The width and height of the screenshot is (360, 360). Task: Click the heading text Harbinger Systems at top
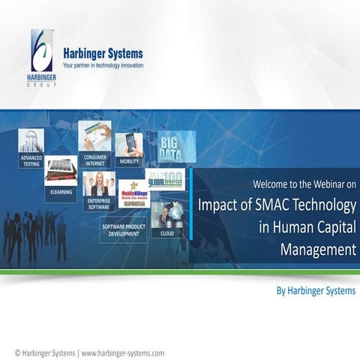pyautogui.click(x=103, y=54)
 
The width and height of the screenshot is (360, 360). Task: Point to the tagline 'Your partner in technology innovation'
pyautogui.click(x=103, y=66)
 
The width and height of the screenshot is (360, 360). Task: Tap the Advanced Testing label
pyautogui.click(x=31, y=161)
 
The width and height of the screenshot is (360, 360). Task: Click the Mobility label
pyautogui.click(x=129, y=161)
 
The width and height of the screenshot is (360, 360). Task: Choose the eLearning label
pyautogui.click(x=61, y=190)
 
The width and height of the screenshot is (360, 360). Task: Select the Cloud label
pyautogui.click(x=166, y=233)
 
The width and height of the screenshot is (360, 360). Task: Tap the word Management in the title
pyautogui.click(x=318, y=249)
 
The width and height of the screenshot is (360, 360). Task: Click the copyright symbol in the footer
pyautogui.click(x=18, y=352)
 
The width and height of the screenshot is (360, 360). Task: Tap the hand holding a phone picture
pyautogui.click(x=128, y=144)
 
